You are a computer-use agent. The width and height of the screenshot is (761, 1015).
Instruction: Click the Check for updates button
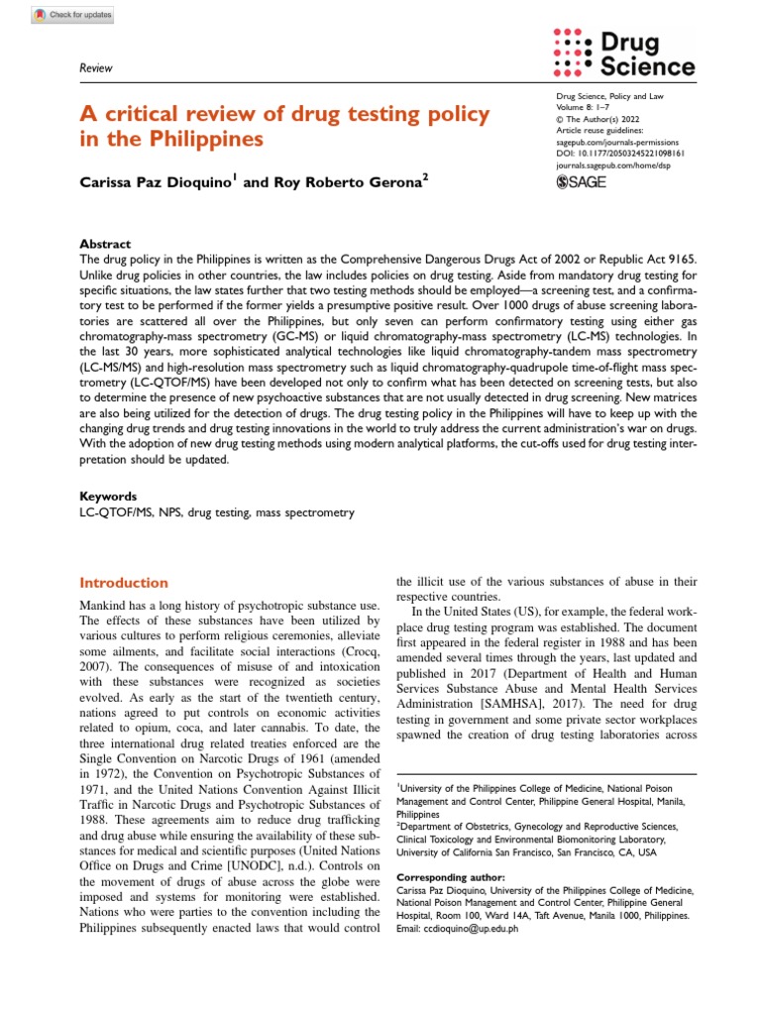tap(72, 15)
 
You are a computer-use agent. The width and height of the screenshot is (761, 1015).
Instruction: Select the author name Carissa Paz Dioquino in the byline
tap(154, 182)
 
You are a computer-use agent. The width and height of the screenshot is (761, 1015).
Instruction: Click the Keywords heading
tap(108, 496)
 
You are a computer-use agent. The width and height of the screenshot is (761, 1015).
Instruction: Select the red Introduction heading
tap(123, 583)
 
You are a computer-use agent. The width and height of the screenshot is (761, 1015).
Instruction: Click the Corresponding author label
tap(450, 877)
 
